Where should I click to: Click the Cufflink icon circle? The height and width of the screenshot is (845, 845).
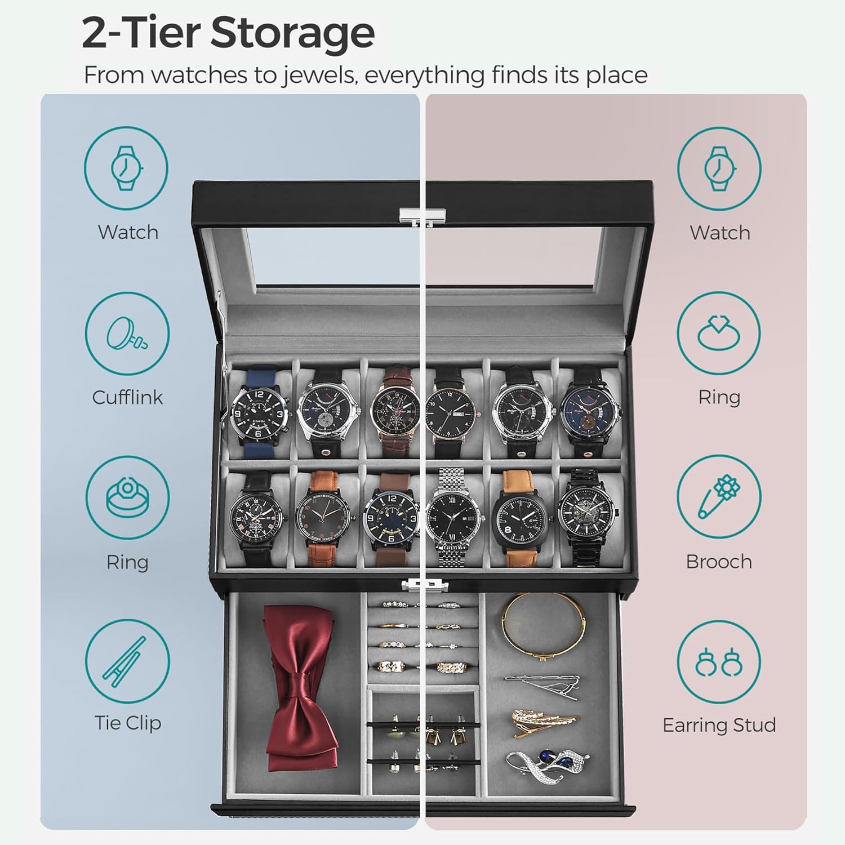(127, 334)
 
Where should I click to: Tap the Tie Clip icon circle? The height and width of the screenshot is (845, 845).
(127, 661)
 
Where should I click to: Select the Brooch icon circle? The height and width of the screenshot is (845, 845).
(719, 499)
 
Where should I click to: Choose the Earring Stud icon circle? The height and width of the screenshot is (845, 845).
(719, 661)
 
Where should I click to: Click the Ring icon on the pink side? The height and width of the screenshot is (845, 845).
(719, 334)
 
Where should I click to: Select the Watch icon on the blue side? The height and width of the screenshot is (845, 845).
(127, 169)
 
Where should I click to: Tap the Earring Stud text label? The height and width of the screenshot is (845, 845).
(719, 725)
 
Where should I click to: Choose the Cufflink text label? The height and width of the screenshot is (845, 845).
(127, 397)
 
